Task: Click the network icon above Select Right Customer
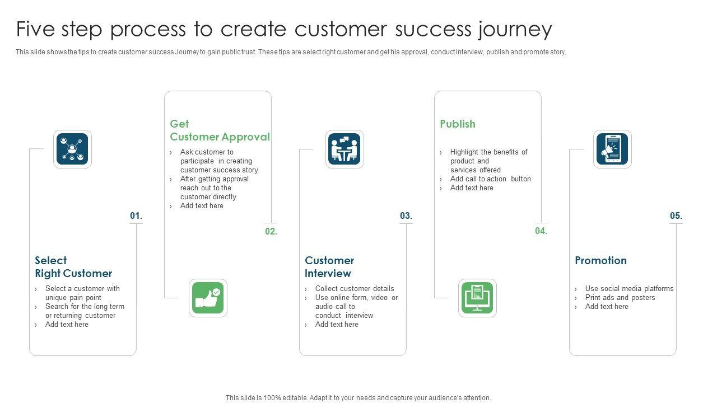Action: coord(72,149)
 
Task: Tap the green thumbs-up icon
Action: coord(208,298)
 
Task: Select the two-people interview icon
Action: coord(344,149)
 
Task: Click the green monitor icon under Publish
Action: coord(477,298)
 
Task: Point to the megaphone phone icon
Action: coord(612,149)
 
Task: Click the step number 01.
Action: coord(136,216)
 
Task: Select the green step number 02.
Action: coord(271,231)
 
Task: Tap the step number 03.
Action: coord(406,216)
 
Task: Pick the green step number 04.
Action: coord(541,231)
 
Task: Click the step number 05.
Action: coord(676,216)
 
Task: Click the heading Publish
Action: coord(458,124)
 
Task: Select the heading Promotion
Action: coord(600,260)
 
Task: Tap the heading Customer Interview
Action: coord(329,267)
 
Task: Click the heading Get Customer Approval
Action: coord(220,130)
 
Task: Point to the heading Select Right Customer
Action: coord(73,267)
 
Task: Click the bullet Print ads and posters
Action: coord(620,298)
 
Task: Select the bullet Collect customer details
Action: coord(355,289)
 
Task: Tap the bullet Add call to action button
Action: coord(490,179)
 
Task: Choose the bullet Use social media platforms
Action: coord(629,289)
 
